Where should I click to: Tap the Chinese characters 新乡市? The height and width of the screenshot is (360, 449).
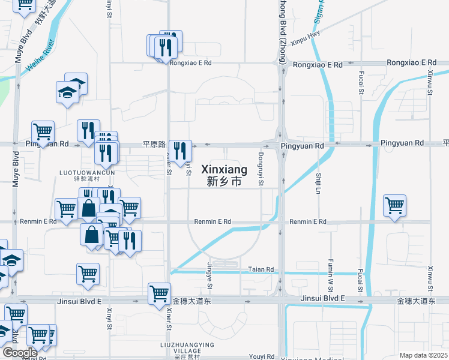point(224,181)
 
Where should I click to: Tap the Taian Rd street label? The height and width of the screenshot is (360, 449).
point(261,269)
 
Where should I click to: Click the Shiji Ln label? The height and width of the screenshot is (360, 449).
point(318,183)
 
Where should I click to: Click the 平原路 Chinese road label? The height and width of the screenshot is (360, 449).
point(153,145)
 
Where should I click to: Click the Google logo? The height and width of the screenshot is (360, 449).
point(19,353)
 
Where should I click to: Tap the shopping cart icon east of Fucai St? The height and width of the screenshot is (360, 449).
point(394,206)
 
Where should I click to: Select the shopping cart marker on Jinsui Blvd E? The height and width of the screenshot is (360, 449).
point(159,294)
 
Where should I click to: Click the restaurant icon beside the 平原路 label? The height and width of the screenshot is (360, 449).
point(180,151)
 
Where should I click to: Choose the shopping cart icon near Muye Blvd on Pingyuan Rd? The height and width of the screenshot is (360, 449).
point(43,131)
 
